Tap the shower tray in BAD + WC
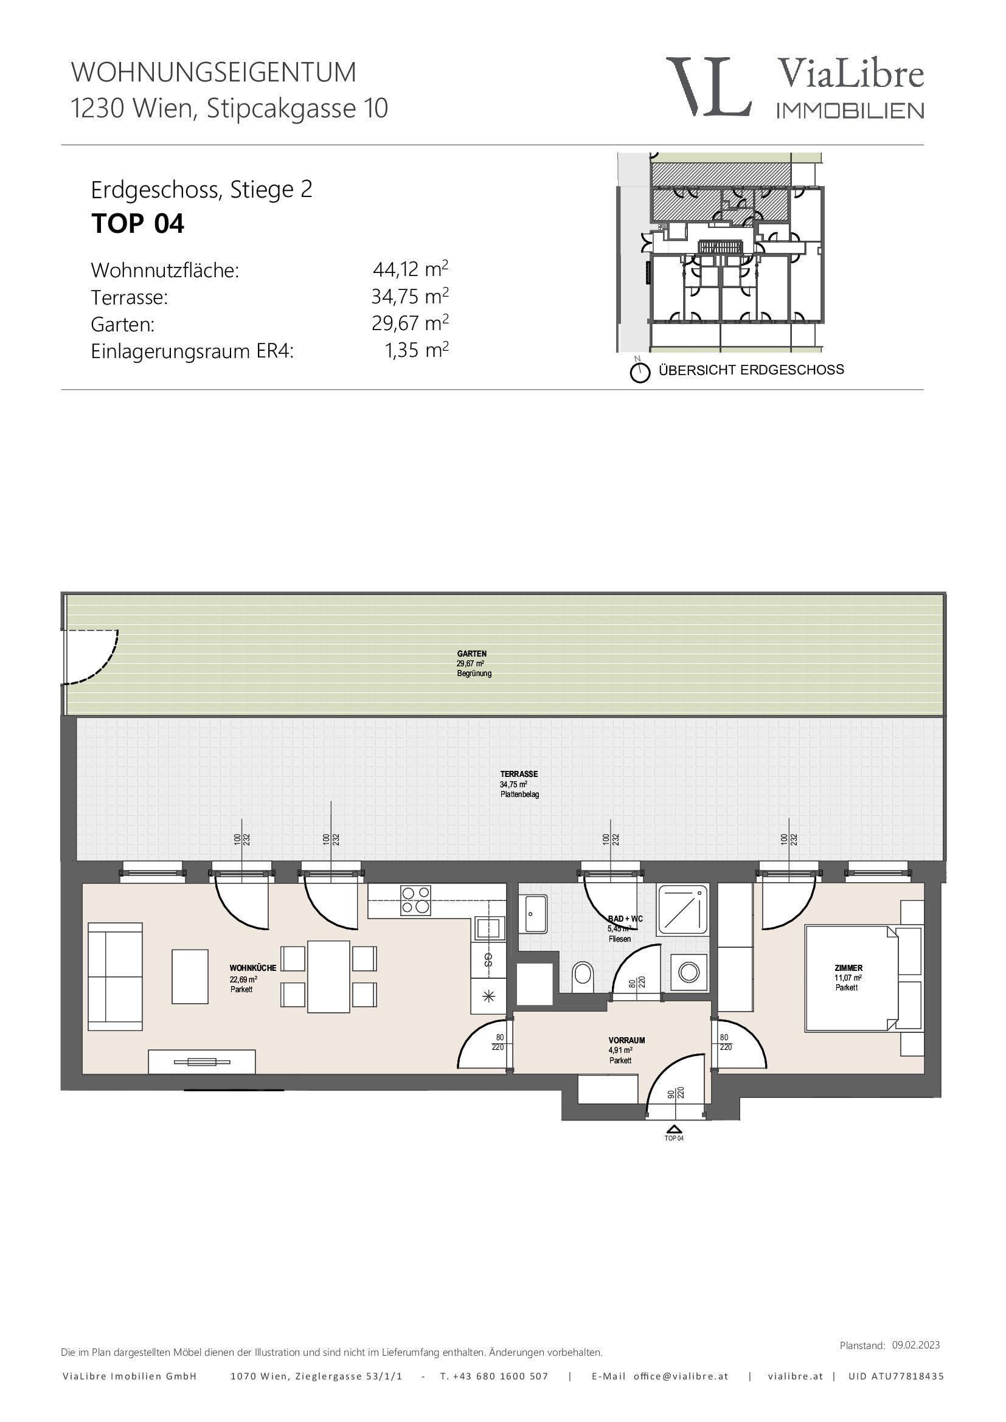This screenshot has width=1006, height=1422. click(682, 908)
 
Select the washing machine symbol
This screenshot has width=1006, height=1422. click(689, 972)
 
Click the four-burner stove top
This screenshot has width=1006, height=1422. click(416, 900)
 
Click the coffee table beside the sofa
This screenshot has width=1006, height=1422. click(190, 976)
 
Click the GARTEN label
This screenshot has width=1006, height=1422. click(472, 654)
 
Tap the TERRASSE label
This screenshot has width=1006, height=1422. click(519, 773)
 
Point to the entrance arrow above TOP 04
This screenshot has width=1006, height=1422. click(674, 1129)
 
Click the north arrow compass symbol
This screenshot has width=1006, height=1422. click(640, 372)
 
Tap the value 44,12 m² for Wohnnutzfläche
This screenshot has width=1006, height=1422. click(410, 269)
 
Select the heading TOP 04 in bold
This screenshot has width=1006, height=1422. click(137, 224)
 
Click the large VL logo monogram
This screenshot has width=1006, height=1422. click(709, 87)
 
